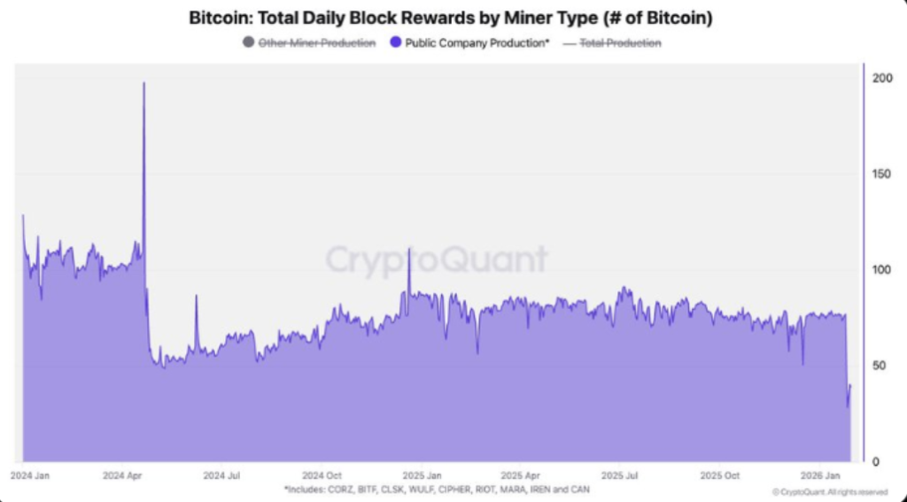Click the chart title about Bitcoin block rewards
tap(453, 17)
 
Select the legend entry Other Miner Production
tap(316, 42)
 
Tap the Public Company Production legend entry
tap(477, 42)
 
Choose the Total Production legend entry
tap(619, 42)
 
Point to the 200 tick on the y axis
tap(881, 79)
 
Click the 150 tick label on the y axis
tap(881, 174)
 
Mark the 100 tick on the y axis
tap(881, 270)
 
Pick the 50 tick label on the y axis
tap(879, 366)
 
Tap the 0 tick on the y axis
tap(875, 462)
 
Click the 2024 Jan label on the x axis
tap(30, 475)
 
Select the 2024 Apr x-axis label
tap(123, 475)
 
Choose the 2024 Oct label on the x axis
tap(322, 475)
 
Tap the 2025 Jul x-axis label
tap(620, 475)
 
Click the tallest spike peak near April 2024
tap(143, 83)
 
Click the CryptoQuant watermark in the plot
tap(436, 260)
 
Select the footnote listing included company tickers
tap(437, 489)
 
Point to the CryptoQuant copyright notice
tap(829, 491)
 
